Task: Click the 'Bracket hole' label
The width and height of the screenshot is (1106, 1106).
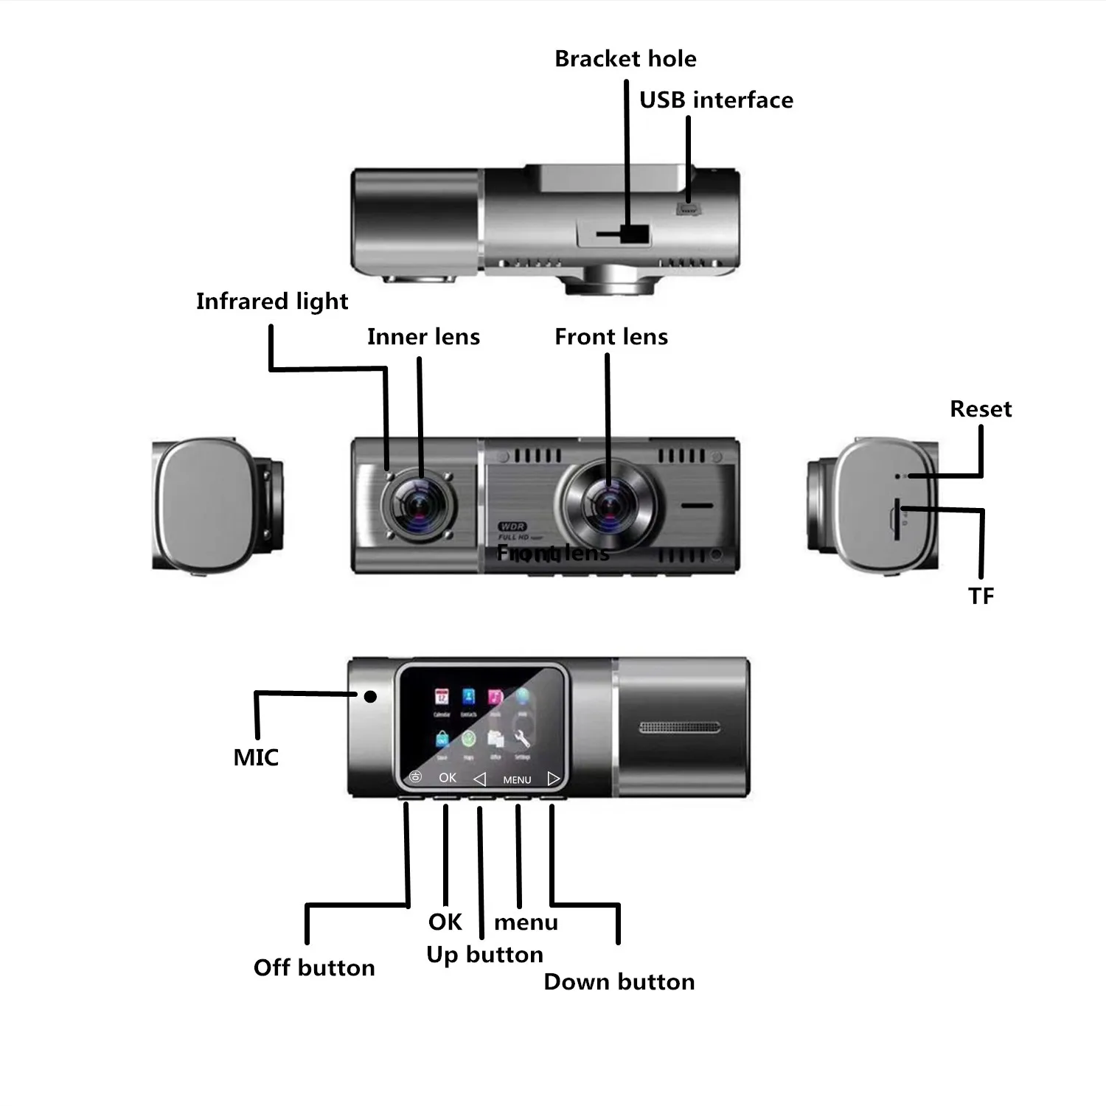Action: [x=625, y=59]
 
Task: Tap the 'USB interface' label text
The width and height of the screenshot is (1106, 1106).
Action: [x=716, y=100]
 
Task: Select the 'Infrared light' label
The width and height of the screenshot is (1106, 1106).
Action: [x=272, y=302]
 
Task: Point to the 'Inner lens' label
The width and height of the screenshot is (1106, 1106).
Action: [x=423, y=337]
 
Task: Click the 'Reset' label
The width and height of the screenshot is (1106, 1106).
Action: [x=981, y=409]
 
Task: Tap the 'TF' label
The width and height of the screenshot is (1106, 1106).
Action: [x=981, y=596]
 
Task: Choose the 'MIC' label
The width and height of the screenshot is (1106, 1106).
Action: [x=256, y=757]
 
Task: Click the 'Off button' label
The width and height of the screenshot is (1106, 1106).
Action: [x=314, y=967]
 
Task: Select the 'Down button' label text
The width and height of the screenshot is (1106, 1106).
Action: [x=619, y=982]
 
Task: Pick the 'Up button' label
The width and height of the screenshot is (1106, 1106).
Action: [x=484, y=955]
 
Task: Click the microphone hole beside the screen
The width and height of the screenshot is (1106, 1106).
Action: [x=370, y=696]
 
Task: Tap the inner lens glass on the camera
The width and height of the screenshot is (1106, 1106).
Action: [x=418, y=506]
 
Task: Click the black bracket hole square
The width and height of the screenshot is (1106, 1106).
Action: [x=635, y=234]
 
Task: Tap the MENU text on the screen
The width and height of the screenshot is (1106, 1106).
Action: [x=517, y=779]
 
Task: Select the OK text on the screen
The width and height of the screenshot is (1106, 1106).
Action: [x=448, y=778]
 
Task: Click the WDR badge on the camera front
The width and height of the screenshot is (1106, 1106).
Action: [x=512, y=526]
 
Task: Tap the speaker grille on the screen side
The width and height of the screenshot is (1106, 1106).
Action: [x=679, y=728]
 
